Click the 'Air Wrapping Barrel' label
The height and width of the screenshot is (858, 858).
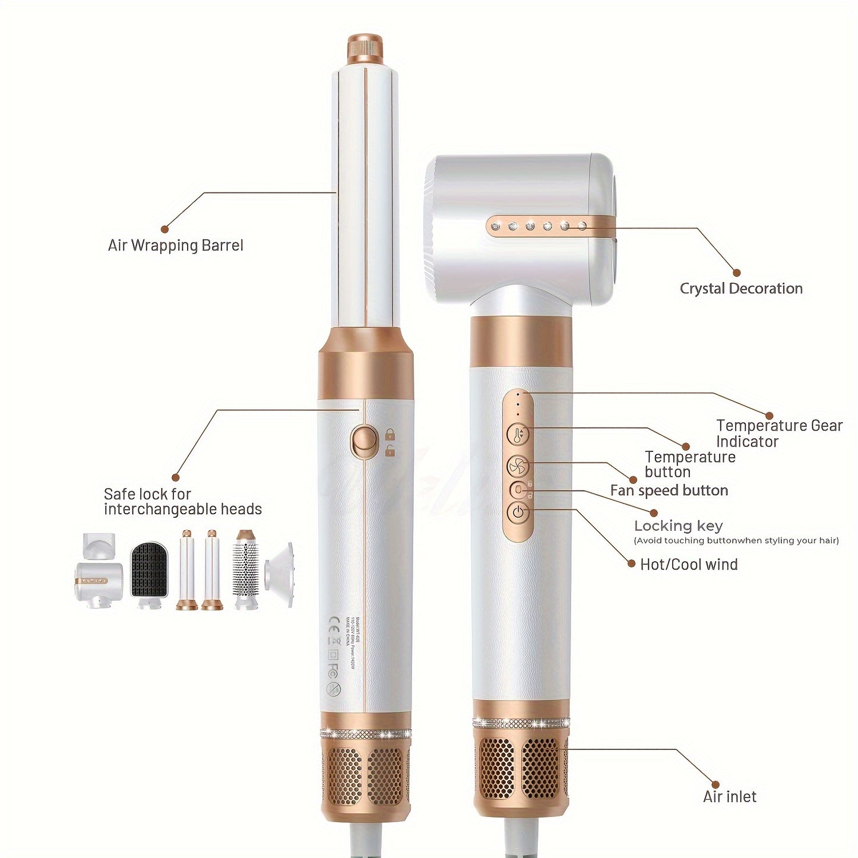point(175,245)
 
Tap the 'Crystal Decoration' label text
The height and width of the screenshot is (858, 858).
point(741,289)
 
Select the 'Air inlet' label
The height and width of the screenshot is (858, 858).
point(730,797)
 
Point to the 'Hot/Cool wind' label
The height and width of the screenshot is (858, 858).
point(689,564)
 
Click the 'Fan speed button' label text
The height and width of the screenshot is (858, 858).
point(669,490)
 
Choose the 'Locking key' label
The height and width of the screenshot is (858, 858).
point(678,525)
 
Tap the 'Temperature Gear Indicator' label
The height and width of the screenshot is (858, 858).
point(779,433)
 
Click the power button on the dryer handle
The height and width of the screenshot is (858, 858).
point(518,512)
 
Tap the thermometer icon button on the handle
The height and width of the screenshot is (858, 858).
point(518,435)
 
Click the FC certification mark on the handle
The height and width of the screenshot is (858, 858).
point(334,669)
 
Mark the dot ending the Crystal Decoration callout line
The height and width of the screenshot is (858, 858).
point(736,273)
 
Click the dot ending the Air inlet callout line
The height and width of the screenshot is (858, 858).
point(715,784)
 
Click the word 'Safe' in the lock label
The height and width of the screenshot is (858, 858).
point(117,494)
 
